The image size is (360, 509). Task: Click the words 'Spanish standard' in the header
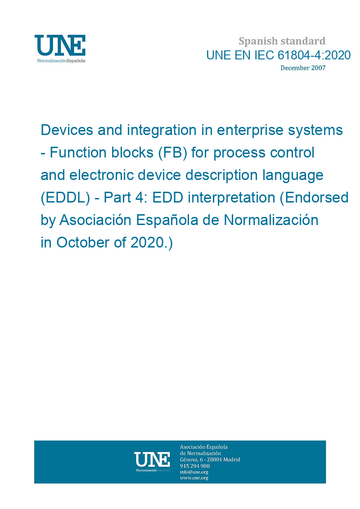click(x=282, y=41)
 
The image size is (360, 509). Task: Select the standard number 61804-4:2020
click(x=314, y=55)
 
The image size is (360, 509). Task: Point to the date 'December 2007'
click(x=303, y=68)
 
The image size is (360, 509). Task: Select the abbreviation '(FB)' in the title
click(x=173, y=153)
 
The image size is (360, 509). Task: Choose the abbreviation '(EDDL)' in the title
click(x=65, y=198)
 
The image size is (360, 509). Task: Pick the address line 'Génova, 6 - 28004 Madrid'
click(x=210, y=459)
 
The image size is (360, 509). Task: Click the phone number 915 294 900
click(x=195, y=466)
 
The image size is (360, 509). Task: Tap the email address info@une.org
click(x=194, y=472)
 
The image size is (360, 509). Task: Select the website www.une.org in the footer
click(x=194, y=478)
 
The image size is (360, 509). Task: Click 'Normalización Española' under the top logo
click(x=61, y=61)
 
